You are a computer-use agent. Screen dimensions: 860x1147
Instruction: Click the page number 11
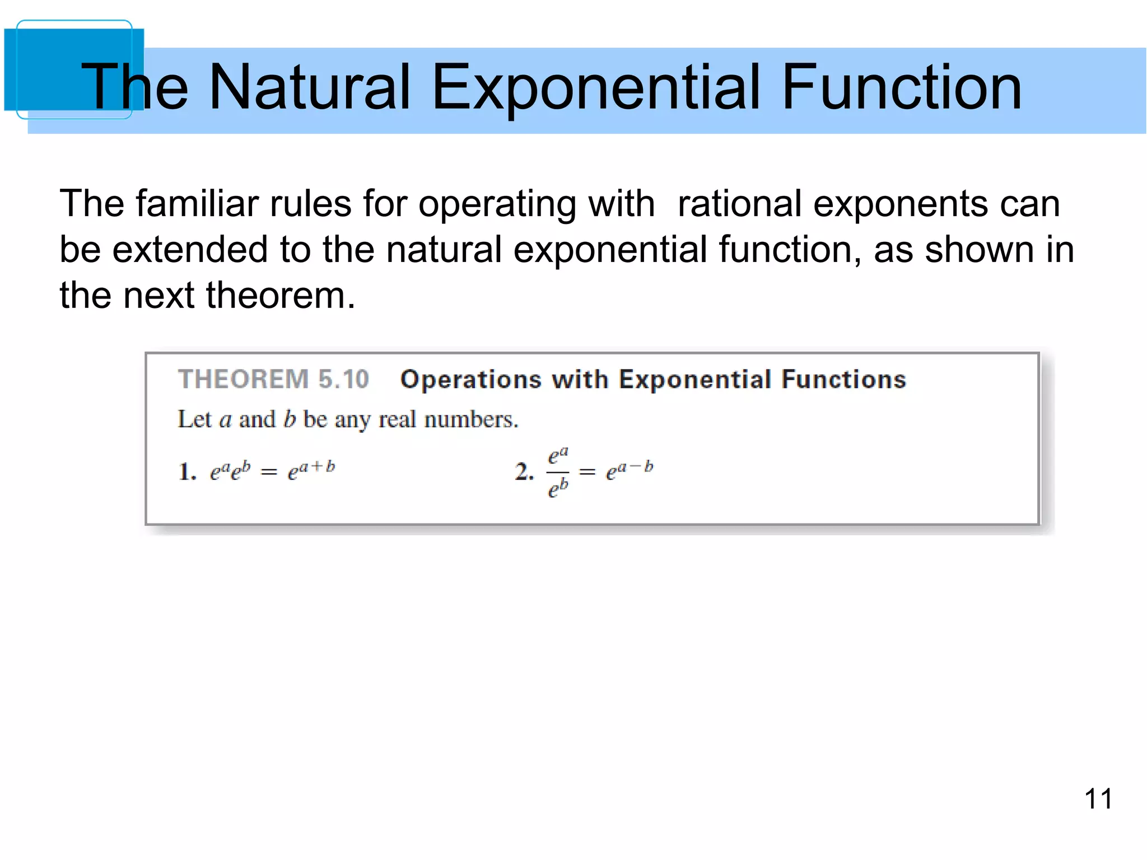tap(1098, 799)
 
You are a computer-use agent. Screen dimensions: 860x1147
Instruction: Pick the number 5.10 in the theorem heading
tap(343, 379)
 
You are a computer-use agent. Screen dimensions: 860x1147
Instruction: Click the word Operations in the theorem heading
tap(471, 379)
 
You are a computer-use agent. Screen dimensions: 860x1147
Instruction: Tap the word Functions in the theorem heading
tap(843, 379)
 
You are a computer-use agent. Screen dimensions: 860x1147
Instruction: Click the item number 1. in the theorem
tap(187, 471)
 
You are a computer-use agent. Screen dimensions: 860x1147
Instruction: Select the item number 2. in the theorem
tap(524, 471)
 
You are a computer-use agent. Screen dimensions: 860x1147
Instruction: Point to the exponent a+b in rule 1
tap(316, 466)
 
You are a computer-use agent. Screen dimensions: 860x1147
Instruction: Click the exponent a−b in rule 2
tap(635, 466)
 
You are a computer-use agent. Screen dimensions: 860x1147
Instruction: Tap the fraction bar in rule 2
tap(558, 473)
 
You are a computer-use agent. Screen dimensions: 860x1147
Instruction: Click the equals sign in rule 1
tap(269, 473)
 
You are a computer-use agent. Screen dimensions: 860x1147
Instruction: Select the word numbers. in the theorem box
tap(471, 419)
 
